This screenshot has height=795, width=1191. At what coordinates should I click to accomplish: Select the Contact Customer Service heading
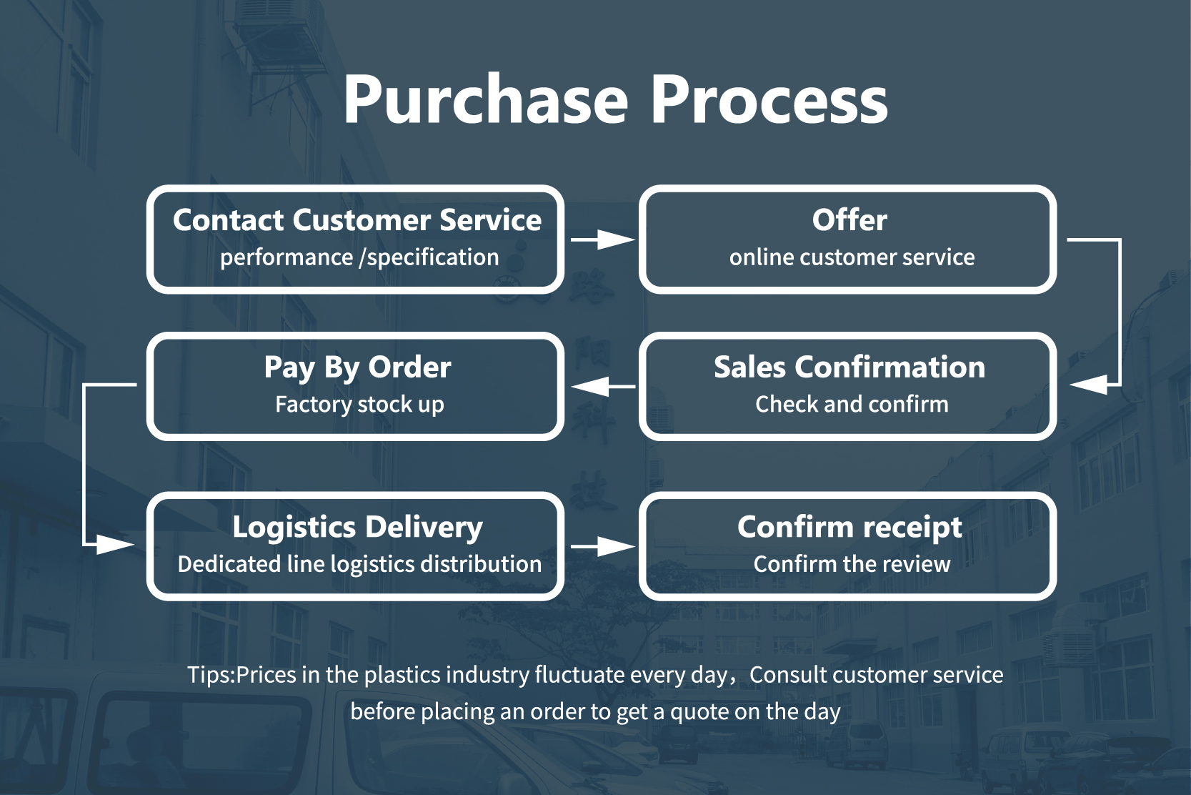coord(357,220)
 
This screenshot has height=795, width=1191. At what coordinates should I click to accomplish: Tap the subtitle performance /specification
coord(359,257)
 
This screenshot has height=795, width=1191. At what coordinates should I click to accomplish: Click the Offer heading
coord(849,220)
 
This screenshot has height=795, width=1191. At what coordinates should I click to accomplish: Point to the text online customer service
coord(852,257)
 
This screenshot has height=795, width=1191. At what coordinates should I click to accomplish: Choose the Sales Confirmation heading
coord(849,367)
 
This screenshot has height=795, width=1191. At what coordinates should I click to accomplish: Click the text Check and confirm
coord(852,405)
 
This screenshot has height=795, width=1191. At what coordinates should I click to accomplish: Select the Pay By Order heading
coord(357,367)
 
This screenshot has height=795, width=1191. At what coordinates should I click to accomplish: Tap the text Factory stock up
coord(359,405)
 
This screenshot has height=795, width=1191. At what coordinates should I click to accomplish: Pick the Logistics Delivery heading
coord(357,528)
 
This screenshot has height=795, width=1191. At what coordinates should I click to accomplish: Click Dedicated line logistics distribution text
coord(359,565)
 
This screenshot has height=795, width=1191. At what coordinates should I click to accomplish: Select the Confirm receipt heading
coord(849,528)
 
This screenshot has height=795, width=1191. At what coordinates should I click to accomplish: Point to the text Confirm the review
coord(852,565)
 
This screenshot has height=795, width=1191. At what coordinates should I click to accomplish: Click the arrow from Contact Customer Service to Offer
coord(602,240)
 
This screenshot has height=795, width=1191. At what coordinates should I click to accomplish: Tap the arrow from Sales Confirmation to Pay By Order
coord(602,387)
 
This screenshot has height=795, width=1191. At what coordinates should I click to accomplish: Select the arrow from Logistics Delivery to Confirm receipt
coord(602,547)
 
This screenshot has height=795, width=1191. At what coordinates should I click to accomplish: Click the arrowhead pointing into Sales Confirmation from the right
coord(1088,385)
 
